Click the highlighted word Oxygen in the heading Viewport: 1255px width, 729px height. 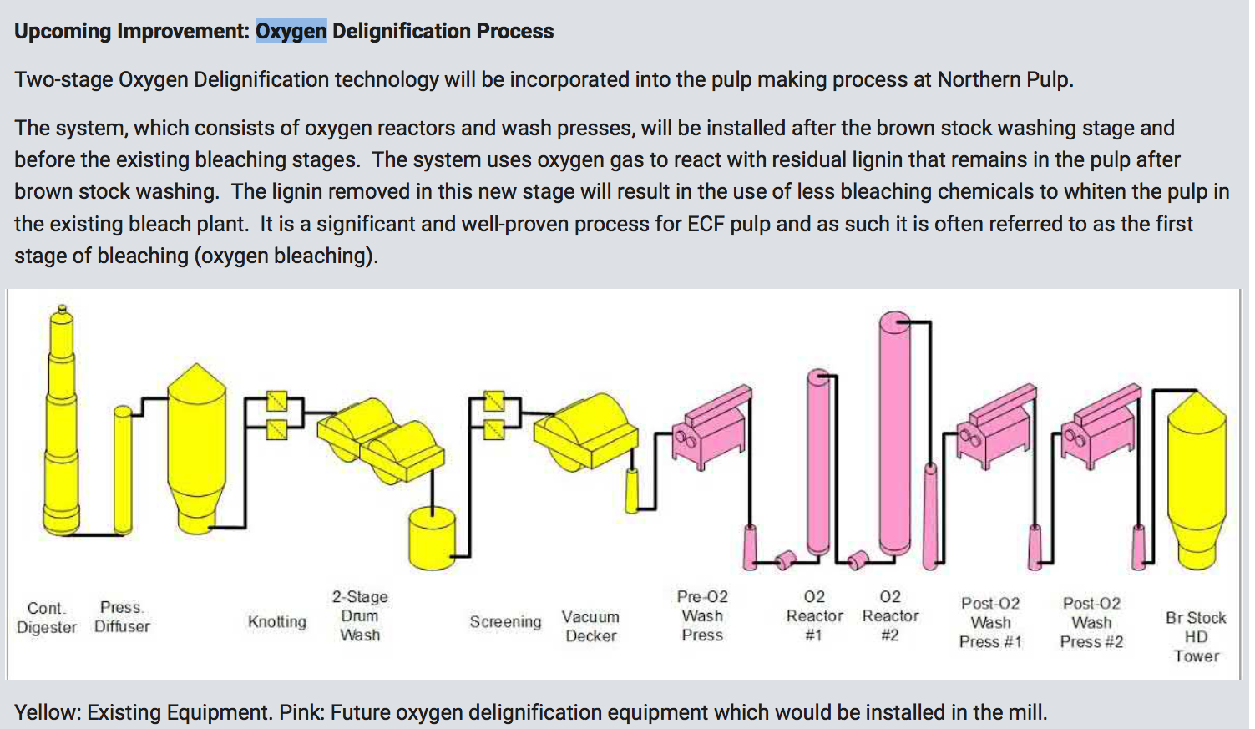(x=291, y=32)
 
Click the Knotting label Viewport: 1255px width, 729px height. (x=276, y=622)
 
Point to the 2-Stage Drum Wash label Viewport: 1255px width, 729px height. (x=360, y=616)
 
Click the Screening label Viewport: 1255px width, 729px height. (x=505, y=622)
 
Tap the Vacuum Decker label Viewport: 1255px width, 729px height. (x=590, y=626)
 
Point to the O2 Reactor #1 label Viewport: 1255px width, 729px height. (x=814, y=616)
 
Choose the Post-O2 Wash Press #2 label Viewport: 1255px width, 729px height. (x=1091, y=623)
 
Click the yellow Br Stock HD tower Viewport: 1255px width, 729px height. (x=1196, y=476)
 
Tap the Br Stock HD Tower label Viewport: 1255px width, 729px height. (x=1196, y=636)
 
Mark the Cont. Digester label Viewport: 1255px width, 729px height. (x=47, y=618)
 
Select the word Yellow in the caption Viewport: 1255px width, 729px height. (x=45, y=712)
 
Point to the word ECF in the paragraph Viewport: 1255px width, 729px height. (x=706, y=224)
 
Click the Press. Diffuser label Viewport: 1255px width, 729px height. (x=122, y=617)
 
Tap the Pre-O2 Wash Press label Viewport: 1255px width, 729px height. (x=702, y=616)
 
